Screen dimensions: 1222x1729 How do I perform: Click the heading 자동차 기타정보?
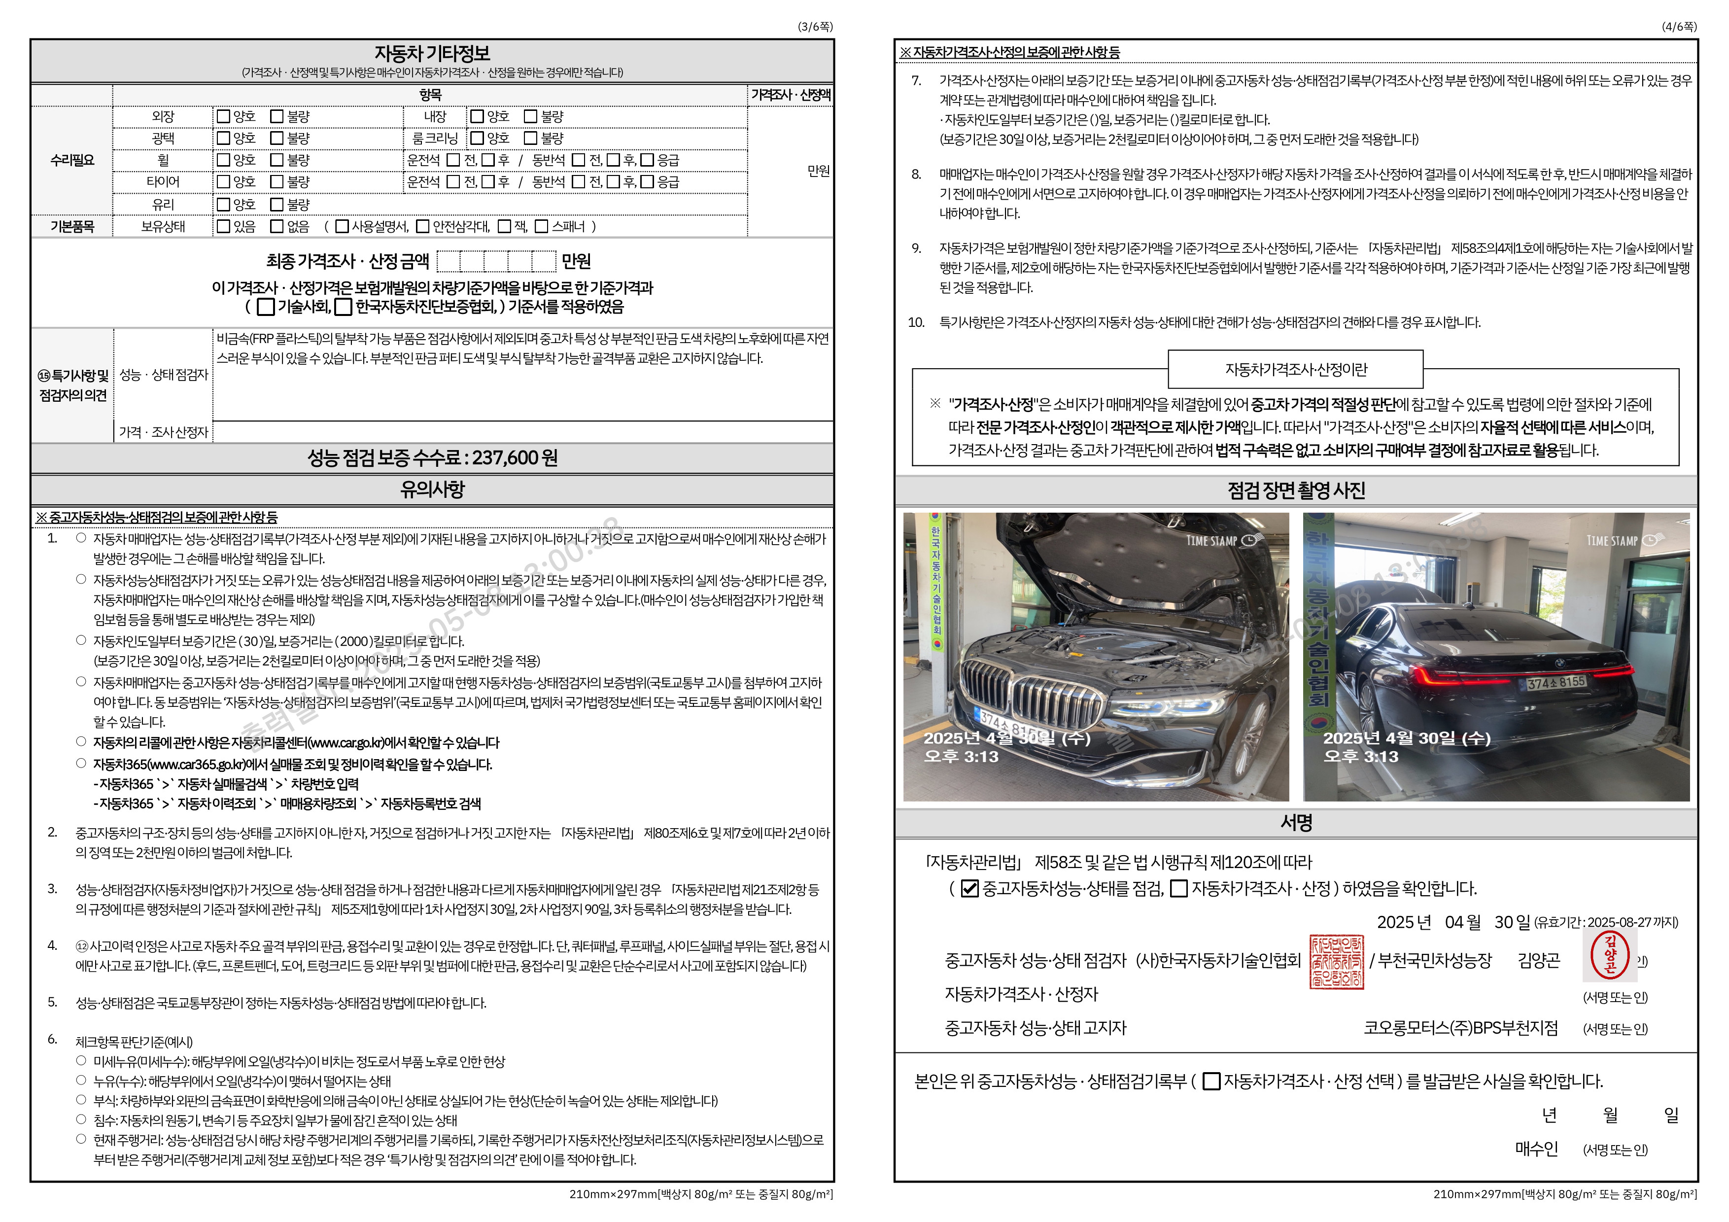tap(432, 53)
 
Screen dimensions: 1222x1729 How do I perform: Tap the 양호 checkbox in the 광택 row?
tap(224, 139)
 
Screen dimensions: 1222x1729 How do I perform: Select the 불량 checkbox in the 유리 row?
tap(277, 205)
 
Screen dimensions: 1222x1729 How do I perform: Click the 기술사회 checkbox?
tap(265, 307)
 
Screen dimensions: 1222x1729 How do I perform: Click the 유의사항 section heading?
tap(432, 489)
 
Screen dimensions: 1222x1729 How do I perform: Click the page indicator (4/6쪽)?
tap(1679, 26)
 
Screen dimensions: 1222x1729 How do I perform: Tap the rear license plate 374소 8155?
tap(1556, 683)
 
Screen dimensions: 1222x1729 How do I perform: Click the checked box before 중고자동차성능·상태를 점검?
tap(970, 889)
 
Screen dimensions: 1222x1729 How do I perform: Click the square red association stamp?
tap(1337, 962)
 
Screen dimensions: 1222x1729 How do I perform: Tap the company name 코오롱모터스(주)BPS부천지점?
tap(1460, 1028)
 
